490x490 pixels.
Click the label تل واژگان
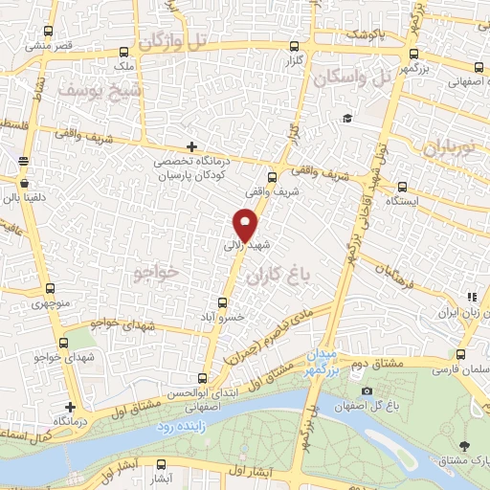(x=173, y=41)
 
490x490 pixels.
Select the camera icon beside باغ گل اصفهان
(x=367, y=391)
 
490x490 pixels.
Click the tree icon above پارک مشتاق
(x=465, y=445)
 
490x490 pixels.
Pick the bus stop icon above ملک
(x=122, y=53)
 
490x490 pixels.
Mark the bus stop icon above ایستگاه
(x=402, y=188)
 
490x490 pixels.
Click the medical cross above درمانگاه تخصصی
(x=192, y=146)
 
